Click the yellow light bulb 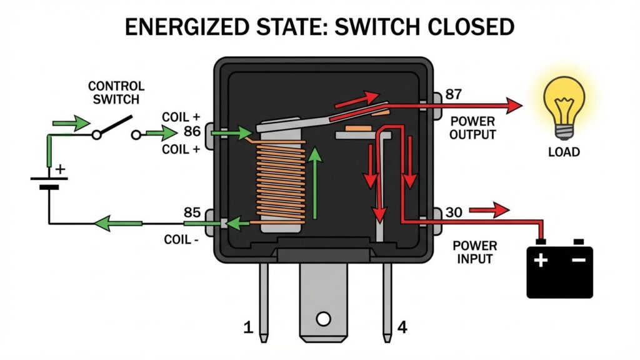(564, 103)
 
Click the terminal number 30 (454, 212)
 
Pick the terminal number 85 (192, 212)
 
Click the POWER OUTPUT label (473, 129)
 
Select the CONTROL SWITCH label (116, 92)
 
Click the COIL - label (181, 239)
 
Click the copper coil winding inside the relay (281, 181)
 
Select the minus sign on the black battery (580, 257)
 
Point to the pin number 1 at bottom (248, 327)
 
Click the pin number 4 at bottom (403, 327)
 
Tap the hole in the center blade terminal (323, 319)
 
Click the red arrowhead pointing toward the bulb (514, 106)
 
